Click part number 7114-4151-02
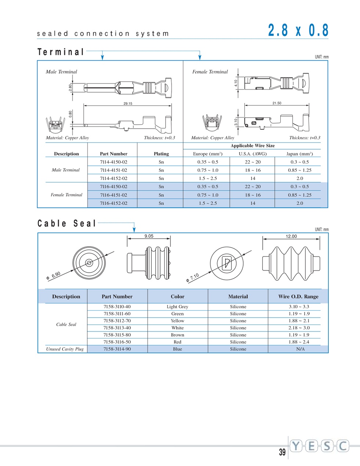(114, 170)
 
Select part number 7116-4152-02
(114, 203)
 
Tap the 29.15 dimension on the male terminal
(128, 104)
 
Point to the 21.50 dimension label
(277, 103)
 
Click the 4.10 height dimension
(236, 83)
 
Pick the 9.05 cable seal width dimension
(149, 236)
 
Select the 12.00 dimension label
(291, 236)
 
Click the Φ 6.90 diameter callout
(54, 276)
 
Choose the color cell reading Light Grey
(177, 307)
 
